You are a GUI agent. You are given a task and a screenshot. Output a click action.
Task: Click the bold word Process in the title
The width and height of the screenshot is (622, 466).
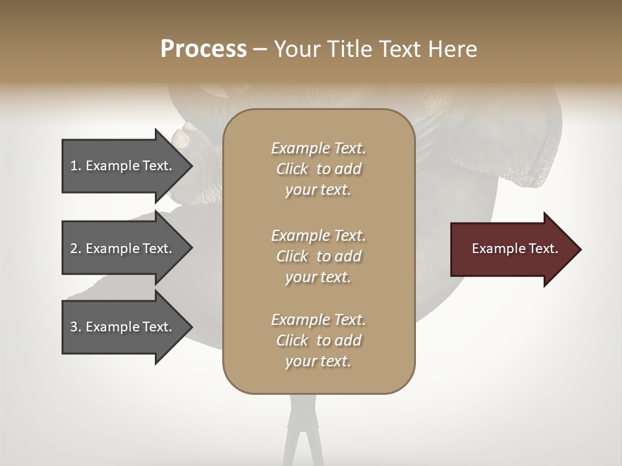[x=203, y=49]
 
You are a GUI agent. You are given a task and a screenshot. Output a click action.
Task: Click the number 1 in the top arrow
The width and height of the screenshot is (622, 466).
[x=73, y=166]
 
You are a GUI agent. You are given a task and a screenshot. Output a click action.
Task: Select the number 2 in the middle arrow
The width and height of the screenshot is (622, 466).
[x=74, y=249]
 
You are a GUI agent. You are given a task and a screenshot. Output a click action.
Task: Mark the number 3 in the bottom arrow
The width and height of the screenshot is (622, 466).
[x=74, y=327]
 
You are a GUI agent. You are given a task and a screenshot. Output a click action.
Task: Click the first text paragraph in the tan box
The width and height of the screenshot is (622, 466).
[x=318, y=169]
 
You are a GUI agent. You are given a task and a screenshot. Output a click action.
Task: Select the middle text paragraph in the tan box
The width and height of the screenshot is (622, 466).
[x=318, y=256]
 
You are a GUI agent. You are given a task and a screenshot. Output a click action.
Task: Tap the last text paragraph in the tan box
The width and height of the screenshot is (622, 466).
[x=318, y=340]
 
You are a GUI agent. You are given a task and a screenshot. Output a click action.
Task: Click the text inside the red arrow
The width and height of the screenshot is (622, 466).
[x=514, y=249]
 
